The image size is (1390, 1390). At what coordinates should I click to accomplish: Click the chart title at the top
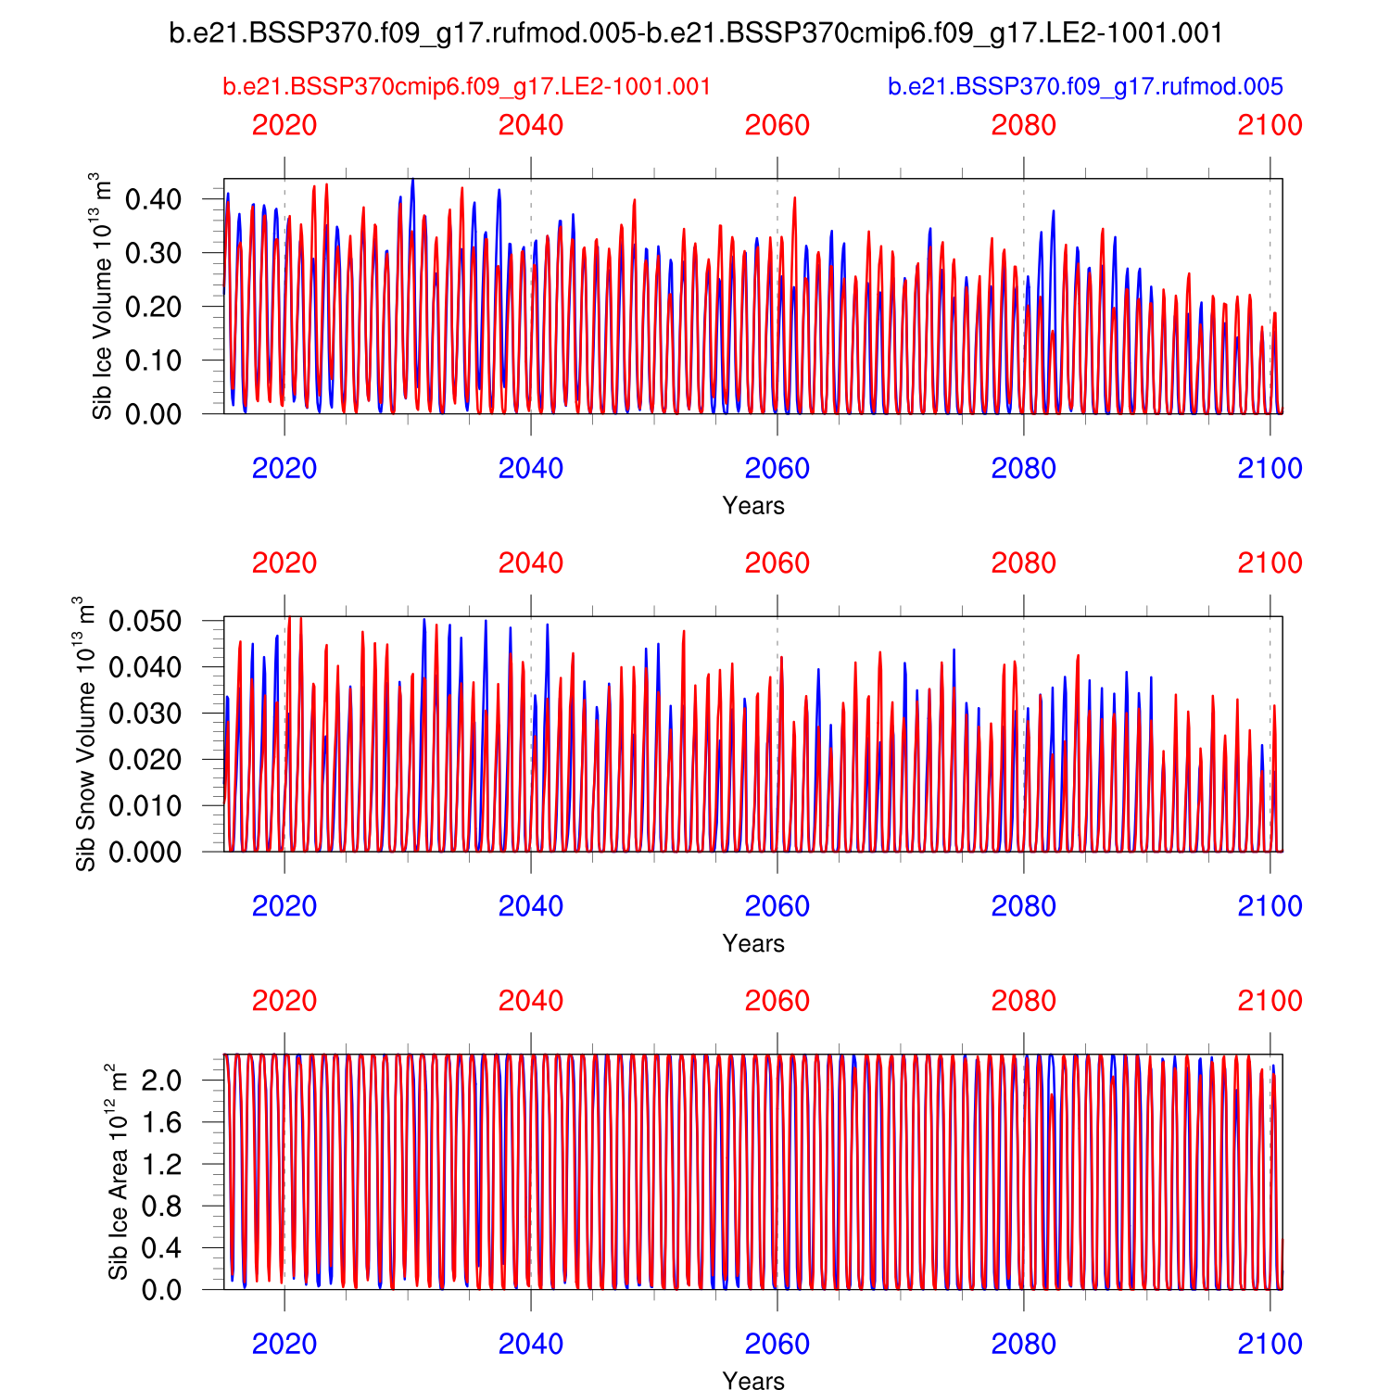696,33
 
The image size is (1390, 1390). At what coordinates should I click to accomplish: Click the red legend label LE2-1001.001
467,87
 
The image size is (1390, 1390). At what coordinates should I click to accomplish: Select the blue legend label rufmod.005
1085,87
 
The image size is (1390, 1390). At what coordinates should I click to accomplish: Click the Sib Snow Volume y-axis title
85,734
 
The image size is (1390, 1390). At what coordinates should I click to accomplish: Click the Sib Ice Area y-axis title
118,1171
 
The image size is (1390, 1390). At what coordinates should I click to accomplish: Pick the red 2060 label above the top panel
777,125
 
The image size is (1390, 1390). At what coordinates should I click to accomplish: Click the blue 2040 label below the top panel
531,468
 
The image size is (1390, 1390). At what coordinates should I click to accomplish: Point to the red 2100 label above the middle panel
1270,562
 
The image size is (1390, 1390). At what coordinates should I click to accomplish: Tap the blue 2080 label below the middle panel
1024,905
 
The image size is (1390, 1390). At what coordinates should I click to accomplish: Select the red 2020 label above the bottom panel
284,1001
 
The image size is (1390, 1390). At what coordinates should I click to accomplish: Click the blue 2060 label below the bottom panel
777,1344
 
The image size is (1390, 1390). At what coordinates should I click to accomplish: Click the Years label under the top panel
753,506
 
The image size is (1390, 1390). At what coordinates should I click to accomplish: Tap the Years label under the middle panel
753,943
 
